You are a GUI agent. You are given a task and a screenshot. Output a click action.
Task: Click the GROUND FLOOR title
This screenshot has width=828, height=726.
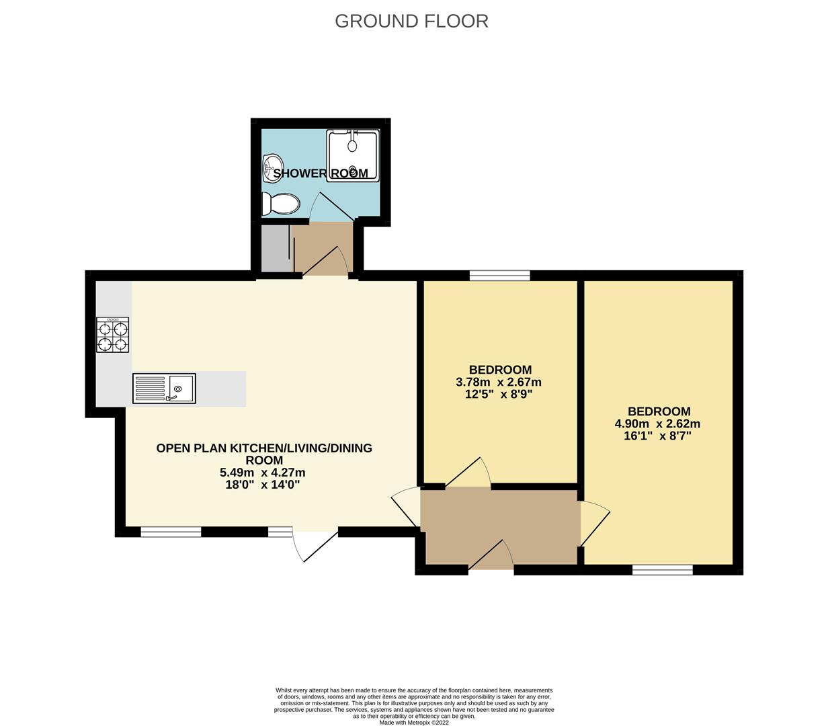411,22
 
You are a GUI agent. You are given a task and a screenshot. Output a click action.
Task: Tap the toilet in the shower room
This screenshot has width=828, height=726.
280,204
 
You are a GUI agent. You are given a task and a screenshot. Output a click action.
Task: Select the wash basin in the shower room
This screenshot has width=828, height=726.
272,169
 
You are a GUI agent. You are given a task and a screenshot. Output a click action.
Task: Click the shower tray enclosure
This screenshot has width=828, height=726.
353,155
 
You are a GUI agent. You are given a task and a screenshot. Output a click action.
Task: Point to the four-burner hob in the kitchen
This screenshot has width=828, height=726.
112,335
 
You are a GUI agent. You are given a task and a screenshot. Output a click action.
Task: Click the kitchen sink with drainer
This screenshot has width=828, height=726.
164,388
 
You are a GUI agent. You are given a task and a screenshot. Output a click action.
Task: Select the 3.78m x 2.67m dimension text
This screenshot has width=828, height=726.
498,382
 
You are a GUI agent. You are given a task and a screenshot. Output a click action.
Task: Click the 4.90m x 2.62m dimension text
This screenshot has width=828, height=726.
657,424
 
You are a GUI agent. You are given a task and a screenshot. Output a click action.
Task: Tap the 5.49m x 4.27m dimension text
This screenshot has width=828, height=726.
262,473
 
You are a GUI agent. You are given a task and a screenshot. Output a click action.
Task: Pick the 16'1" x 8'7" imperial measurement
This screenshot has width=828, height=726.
657,436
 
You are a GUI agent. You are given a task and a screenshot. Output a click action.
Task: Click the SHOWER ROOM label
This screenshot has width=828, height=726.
321,173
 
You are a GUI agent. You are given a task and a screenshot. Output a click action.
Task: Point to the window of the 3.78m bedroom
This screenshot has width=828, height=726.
499,275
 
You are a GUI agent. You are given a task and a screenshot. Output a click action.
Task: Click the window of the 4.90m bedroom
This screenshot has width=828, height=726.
662,570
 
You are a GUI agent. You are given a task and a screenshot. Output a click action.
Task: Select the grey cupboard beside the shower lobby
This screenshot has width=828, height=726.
276,248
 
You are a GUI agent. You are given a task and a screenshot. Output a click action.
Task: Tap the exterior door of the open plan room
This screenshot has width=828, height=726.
315,546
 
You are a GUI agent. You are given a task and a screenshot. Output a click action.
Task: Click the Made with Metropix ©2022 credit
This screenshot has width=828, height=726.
414,723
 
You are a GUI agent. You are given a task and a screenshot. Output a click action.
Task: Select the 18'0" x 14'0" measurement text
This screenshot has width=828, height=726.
262,485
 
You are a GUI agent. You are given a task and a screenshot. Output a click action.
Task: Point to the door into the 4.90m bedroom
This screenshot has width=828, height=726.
595,524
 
